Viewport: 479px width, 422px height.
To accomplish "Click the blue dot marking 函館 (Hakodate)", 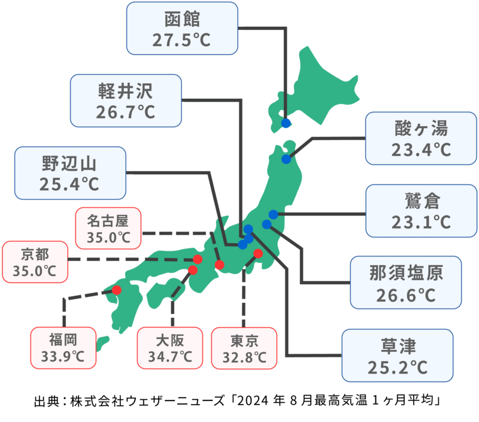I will [286, 123].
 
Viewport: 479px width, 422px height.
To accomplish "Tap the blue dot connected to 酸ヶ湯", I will [286, 159].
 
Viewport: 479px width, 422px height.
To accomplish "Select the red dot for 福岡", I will [116, 290].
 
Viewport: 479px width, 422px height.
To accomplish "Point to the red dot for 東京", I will [258, 253].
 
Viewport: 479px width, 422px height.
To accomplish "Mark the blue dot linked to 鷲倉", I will [273, 214].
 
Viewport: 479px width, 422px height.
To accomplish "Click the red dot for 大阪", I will [192, 270].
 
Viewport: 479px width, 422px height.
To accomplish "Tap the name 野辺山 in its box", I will [70, 163].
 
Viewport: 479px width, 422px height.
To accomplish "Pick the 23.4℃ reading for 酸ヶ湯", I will [421, 149].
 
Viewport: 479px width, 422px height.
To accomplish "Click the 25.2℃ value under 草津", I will [397, 367].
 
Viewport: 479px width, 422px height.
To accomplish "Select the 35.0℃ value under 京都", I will [34, 270].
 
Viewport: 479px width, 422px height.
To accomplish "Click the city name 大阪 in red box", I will [169, 341].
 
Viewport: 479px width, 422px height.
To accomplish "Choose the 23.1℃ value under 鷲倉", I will [421, 222].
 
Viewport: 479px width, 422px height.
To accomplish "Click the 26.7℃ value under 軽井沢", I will [125, 111].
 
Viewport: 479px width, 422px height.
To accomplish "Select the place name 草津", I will [397, 345].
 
